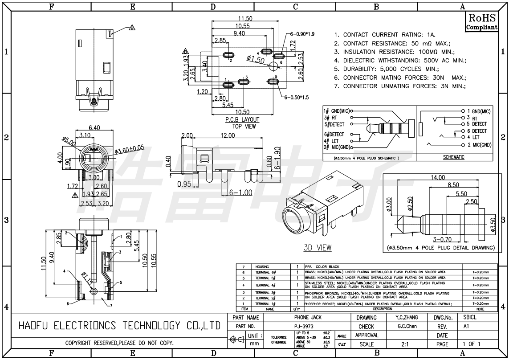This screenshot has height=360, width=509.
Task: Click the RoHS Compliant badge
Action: click(x=481, y=22)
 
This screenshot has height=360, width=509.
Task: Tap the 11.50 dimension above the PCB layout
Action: click(x=245, y=19)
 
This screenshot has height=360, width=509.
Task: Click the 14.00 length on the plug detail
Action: click(x=437, y=177)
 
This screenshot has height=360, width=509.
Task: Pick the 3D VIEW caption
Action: click(x=318, y=248)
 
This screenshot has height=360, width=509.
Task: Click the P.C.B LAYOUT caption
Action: click(x=242, y=120)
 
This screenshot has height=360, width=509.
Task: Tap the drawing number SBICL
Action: click(x=470, y=318)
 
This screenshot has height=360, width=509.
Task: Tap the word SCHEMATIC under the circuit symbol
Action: click(x=454, y=157)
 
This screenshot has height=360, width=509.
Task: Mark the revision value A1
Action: click(x=466, y=327)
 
